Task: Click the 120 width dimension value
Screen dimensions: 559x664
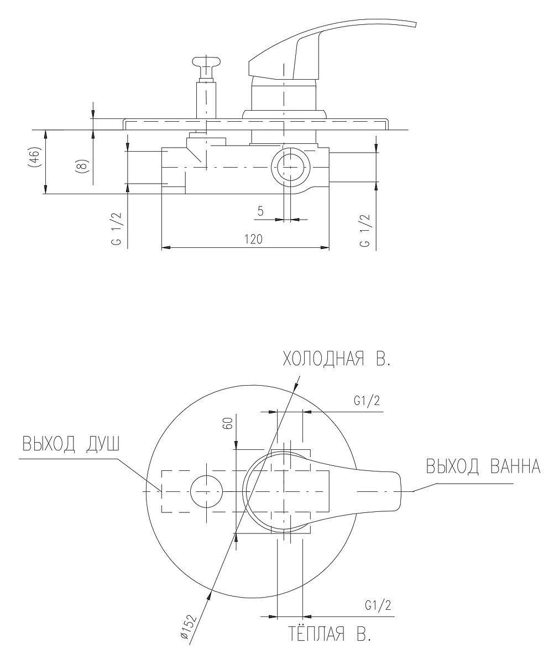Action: [253, 239]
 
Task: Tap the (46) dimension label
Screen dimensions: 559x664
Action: [35, 157]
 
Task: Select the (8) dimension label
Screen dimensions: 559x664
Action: [82, 166]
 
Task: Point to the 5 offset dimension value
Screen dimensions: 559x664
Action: [260, 211]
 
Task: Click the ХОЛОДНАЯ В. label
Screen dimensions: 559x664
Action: [336, 359]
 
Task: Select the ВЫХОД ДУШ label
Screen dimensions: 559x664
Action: [71, 444]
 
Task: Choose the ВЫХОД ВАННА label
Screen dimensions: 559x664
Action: [483, 466]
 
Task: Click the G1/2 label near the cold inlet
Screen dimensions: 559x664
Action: [367, 401]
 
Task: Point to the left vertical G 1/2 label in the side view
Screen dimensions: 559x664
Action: [117, 229]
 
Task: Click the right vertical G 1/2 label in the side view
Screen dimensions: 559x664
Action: [365, 231]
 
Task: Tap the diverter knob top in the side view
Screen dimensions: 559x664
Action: [207, 63]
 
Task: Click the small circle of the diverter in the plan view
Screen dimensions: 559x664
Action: [207, 491]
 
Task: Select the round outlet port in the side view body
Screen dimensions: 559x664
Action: [290, 167]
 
